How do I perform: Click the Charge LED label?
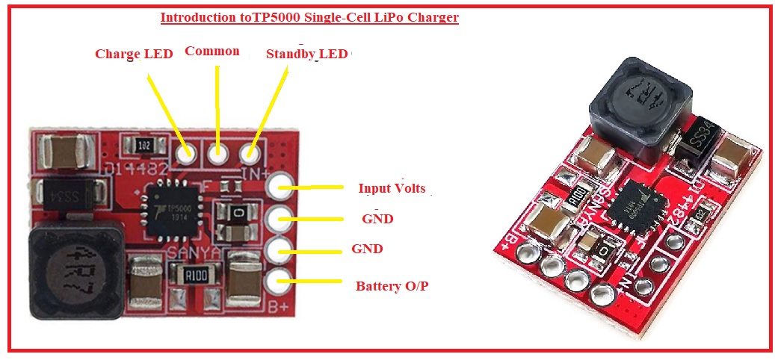(134, 54)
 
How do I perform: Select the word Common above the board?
(211, 51)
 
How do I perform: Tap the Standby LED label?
(306, 54)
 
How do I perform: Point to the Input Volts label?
(391, 188)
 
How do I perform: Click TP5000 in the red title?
(278, 17)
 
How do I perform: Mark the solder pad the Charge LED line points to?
(186, 154)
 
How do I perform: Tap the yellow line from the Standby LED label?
(270, 108)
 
